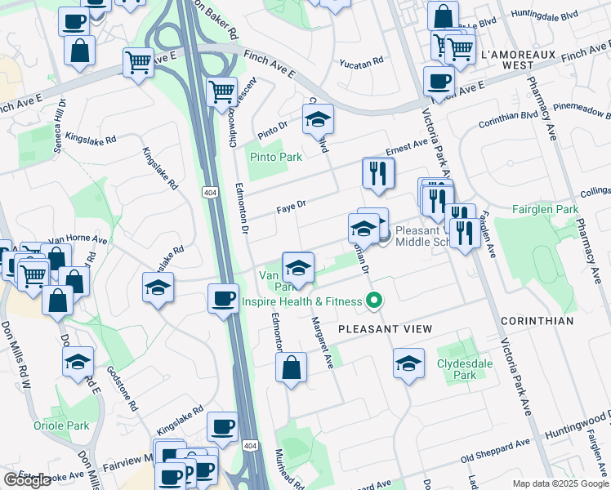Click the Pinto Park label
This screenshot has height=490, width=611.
click(x=276, y=157)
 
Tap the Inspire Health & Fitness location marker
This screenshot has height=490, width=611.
click(x=374, y=301)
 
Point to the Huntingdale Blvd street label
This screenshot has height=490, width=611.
click(x=543, y=15)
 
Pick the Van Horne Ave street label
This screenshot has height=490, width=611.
click(x=78, y=240)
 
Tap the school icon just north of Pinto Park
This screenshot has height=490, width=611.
click(x=318, y=121)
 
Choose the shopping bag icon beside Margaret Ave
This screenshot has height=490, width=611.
click(x=291, y=367)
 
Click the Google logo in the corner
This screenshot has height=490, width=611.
click(x=27, y=480)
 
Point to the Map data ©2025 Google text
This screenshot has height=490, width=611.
click(x=560, y=483)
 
